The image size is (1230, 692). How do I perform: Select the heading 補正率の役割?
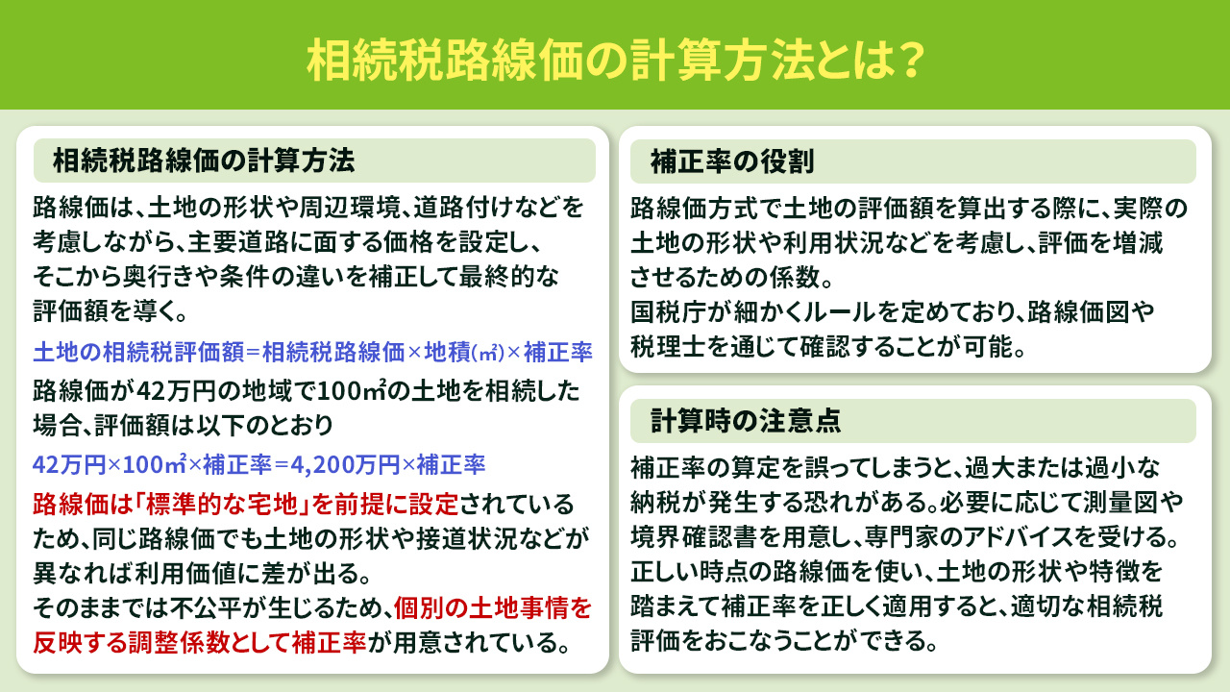click(x=732, y=161)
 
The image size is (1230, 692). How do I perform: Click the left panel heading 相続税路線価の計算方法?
click(x=203, y=161)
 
